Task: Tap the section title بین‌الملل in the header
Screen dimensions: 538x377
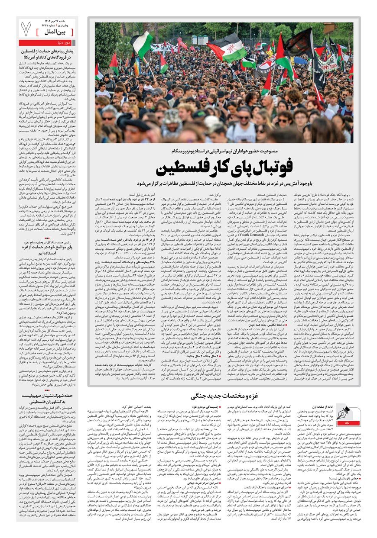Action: click(x=60, y=32)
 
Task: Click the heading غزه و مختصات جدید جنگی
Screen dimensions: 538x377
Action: click(x=225, y=396)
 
